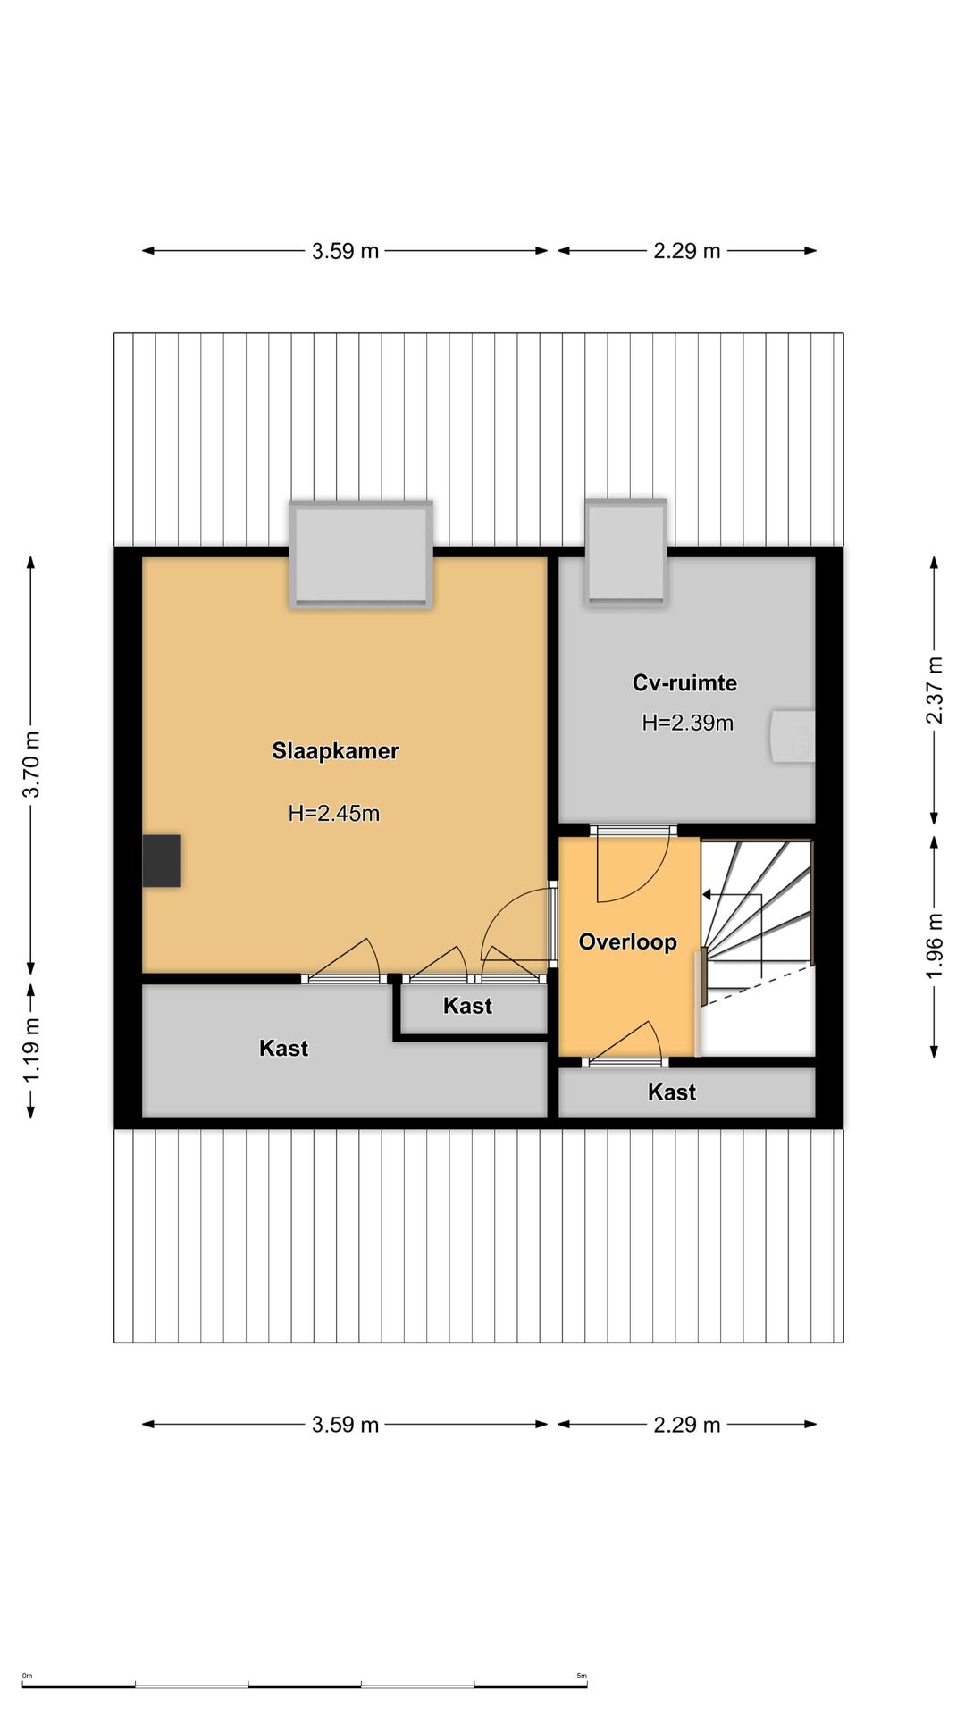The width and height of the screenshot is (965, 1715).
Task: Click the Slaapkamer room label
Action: click(335, 751)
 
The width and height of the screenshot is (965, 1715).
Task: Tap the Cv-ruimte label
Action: click(685, 683)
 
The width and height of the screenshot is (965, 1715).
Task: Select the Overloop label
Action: click(628, 941)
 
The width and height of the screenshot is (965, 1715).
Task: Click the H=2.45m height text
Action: click(334, 813)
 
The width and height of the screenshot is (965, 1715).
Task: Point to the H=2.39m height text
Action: click(688, 723)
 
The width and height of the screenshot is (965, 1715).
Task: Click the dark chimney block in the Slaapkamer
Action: click(162, 861)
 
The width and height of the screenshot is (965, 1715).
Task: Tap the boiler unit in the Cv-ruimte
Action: click(793, 736)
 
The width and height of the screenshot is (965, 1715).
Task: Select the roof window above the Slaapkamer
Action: click(361, 555)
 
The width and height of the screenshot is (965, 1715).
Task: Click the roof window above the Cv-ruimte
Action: click(626, 553)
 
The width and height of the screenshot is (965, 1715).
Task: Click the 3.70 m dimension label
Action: click(31, 765)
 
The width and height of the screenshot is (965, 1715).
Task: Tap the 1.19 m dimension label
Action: click(31, 1050)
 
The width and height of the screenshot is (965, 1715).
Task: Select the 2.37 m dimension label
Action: click(934, 690)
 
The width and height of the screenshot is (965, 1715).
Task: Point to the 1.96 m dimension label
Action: click(934, 946)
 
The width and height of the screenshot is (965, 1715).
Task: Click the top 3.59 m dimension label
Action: click(345, 251)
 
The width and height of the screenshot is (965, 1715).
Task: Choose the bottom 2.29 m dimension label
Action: click(686, 1425)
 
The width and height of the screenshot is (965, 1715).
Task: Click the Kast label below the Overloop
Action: click(672, 1092)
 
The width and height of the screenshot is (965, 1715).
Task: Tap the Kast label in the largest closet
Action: click(283, 1048)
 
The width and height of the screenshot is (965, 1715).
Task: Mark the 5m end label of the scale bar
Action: click(582, 1676)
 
